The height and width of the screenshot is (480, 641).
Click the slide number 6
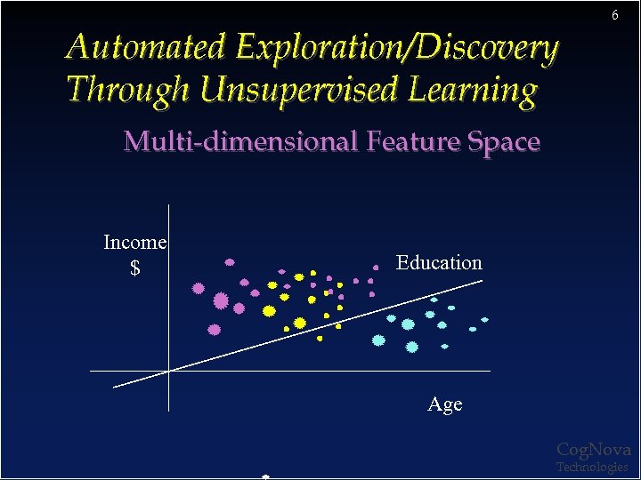tap(614, 16)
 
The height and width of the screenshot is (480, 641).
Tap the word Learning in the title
tap(473, 89)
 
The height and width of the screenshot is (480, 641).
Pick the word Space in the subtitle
tap(499, 141)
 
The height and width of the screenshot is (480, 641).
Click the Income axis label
tap(135, 242)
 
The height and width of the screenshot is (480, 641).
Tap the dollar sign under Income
tap(135, 268)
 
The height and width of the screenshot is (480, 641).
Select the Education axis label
tap(439, 262)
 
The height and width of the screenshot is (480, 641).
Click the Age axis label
tap(445, 404)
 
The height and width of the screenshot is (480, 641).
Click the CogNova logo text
tap(594, 450)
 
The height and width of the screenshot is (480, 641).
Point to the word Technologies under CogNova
tap(592, 467)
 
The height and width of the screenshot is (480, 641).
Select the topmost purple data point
tap(230, 262)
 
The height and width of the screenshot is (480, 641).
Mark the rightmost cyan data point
tap(485, 319)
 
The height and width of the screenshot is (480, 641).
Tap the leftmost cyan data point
tap(378, 340)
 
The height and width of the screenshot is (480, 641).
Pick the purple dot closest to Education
tap(377, 266)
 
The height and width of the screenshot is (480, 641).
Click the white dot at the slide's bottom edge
tap(265, 476)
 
